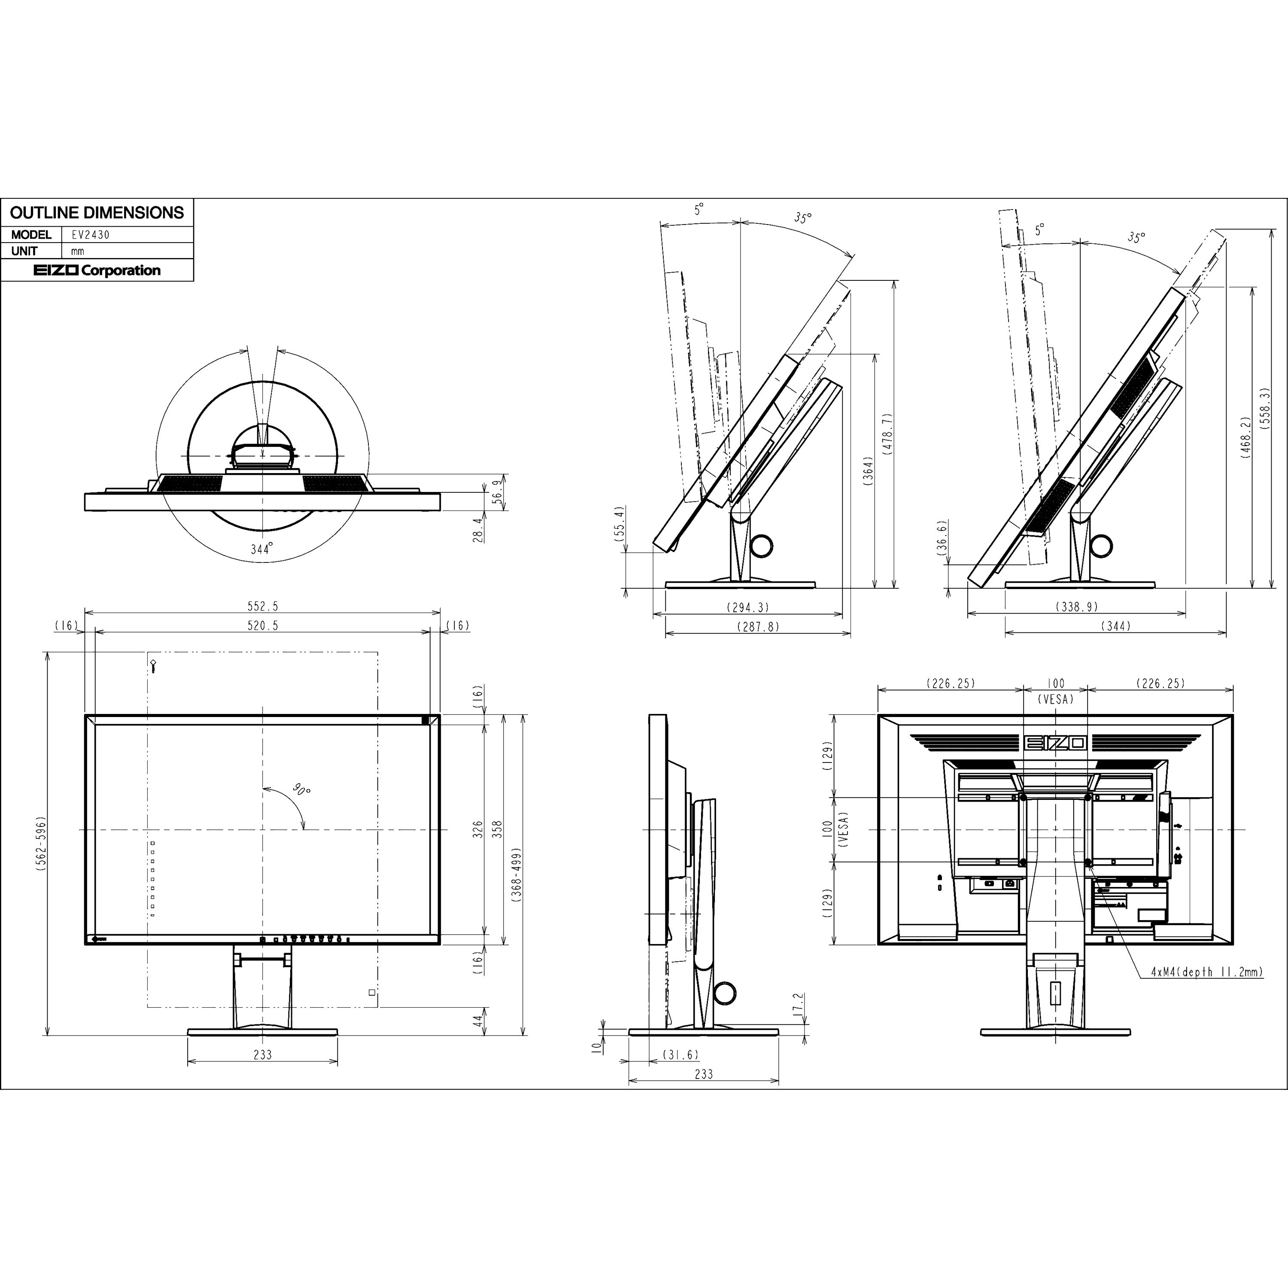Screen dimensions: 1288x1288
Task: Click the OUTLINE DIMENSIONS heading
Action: coord(97,213)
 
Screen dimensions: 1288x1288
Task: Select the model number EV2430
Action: coord(91,235)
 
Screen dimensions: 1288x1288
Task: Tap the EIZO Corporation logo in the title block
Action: coord(97,270)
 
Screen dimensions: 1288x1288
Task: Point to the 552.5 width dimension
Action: coord(263,606)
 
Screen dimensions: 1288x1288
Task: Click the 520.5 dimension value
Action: coord(263,626)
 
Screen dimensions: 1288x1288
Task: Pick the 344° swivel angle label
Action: coord(262,549)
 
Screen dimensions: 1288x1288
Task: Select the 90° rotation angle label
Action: coord(301,790)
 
